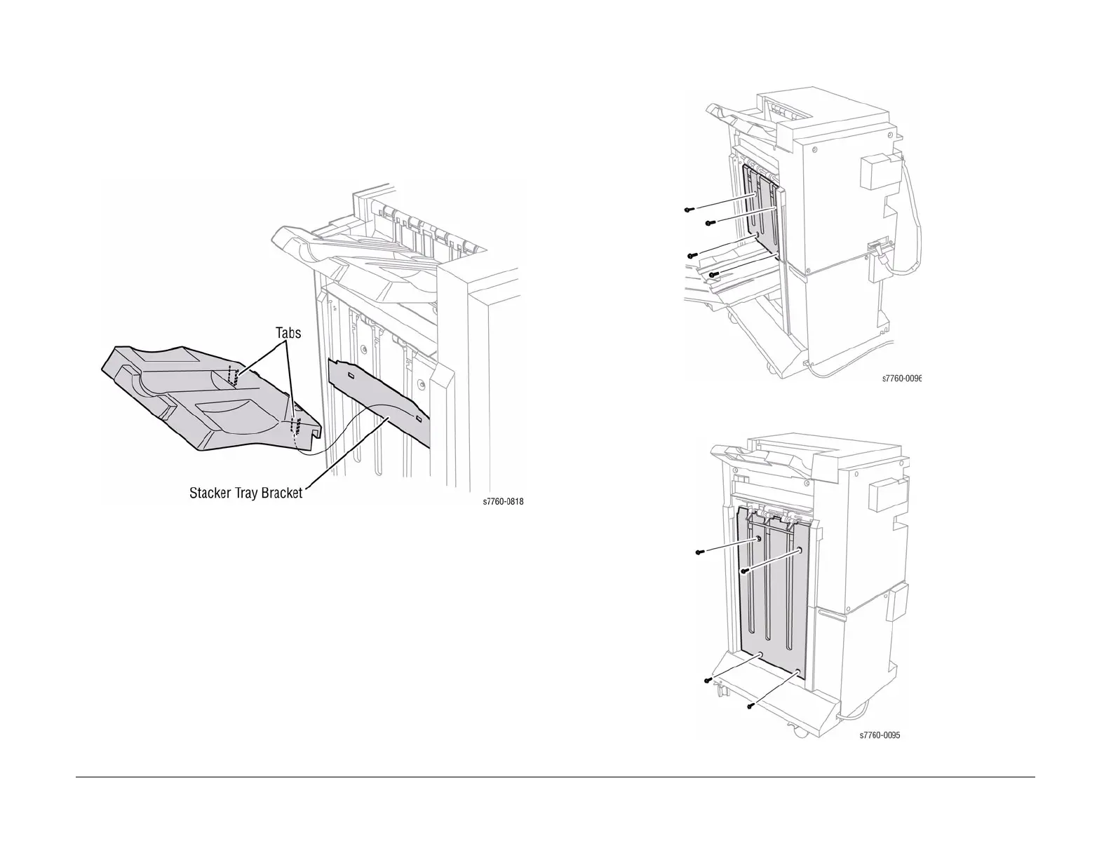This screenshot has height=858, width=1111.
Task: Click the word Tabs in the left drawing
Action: tap(288, 332)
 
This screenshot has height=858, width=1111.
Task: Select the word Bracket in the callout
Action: tap(280, 493)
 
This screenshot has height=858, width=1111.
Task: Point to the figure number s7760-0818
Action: tap(504, 502)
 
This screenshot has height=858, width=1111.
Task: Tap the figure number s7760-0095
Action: tap(880, 735)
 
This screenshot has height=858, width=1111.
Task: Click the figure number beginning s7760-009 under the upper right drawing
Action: tap(901, 379)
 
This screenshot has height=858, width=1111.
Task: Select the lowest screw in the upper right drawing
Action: tap(713, 274)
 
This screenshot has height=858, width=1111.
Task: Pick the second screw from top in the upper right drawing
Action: tap(709, 223)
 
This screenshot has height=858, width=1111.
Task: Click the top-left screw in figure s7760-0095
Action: tap(699, 552)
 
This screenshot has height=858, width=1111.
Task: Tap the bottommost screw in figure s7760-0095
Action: tap(750, 705)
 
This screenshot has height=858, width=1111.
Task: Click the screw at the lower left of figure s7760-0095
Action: tap(708, 680)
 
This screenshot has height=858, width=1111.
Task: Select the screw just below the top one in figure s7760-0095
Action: tap(744, 571)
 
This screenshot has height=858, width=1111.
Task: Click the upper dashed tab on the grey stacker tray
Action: tap(234, 377)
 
